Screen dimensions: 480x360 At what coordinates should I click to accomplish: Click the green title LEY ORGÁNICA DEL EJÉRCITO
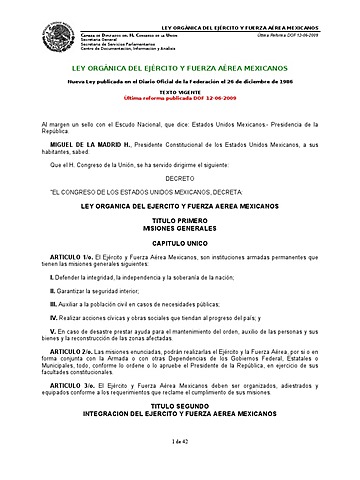tap(180, 65)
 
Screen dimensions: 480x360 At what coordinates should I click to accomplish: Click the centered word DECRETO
tap(180, 175)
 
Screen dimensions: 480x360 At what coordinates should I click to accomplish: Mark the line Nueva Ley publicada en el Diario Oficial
tap(180, 80)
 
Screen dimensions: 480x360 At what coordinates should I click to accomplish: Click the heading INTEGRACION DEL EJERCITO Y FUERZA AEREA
tap(180, 415)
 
